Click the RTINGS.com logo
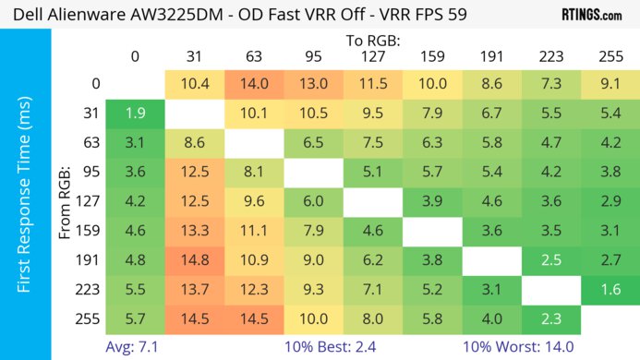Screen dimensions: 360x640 pyautogui.click(x=591, y=15)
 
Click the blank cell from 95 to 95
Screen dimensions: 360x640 pyautogui.click(x=312, y=172)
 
